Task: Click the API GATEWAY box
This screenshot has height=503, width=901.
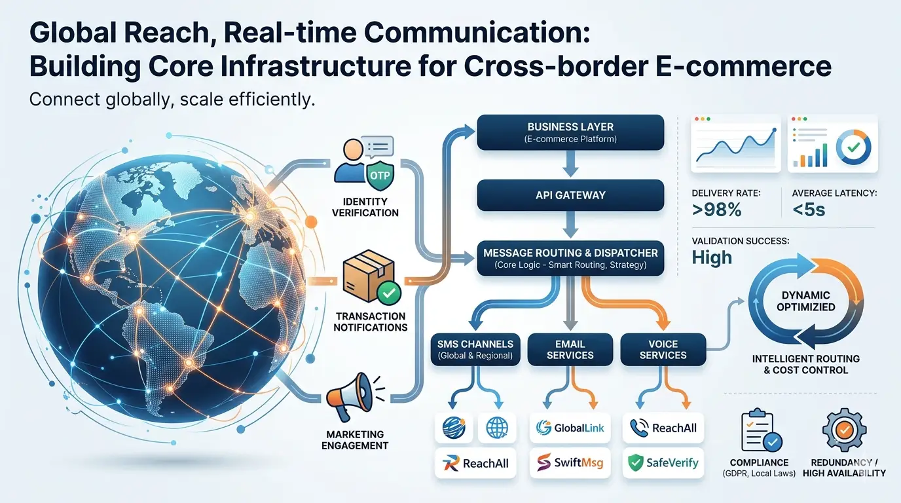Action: coord(570,195)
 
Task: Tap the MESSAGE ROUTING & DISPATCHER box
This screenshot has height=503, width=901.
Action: coord(570,257)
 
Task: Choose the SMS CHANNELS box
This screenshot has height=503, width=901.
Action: coord(475,349)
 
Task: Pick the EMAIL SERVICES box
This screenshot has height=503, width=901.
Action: coord(570,349)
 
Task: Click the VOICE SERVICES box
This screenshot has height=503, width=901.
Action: coord(663,349)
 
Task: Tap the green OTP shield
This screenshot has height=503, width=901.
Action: coord(379,176)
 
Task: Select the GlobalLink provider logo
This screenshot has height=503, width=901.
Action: coord(570,428)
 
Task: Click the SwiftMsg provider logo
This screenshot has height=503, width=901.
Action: coord(570,463)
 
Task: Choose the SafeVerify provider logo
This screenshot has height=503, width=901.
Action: coord(663,463)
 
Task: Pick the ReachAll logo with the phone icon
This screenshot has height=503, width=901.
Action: coord(663,428)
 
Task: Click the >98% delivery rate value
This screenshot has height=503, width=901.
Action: coord(717,211)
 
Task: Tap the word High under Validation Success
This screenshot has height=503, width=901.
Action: coord(712,257)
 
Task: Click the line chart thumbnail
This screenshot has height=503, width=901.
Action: coord(735,145)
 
